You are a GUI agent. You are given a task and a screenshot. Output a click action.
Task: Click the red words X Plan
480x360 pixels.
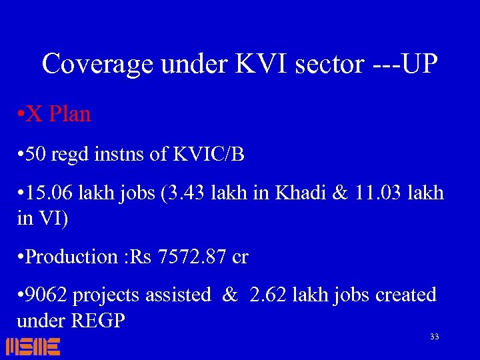(x=59, y=114)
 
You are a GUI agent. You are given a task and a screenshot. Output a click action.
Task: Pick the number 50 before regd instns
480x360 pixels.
(x=39, y=155)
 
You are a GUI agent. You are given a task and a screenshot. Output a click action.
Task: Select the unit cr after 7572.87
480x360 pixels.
(x=239, y=257)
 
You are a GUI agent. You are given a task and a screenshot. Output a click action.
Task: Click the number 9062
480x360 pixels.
(x=46, y=295)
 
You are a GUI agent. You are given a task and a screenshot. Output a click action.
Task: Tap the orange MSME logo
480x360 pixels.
(x=33, y=346)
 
